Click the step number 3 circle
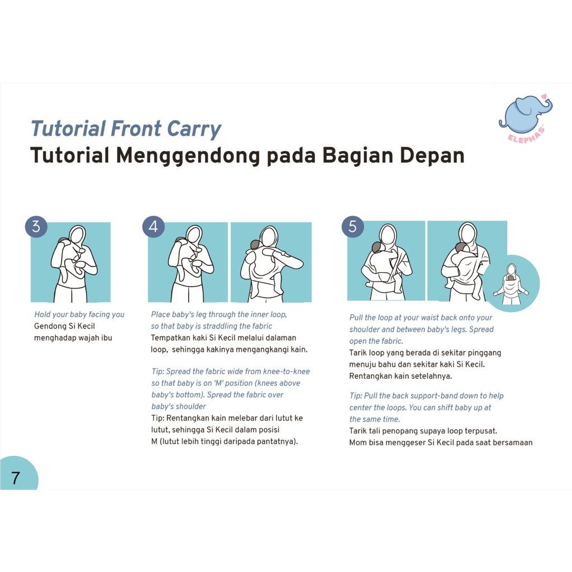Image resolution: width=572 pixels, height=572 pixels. click(x=36, y=226)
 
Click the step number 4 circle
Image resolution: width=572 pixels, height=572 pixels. click(x=153, y=226)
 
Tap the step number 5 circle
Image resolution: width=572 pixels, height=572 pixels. click(x=352, y=226)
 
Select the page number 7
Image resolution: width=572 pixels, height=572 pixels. click(x=15, y=478)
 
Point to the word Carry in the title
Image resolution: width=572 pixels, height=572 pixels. click(x=194, y=129)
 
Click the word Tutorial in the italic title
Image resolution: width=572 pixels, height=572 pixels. click(x=68, y=128)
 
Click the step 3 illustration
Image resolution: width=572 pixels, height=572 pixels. click(x=71, y=262)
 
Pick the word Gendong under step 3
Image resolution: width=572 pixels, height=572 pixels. click(x=50, y=326)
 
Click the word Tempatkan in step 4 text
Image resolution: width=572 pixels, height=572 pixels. click(x=170, y=338)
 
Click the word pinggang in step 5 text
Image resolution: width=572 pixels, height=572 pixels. click(x=484, y=353)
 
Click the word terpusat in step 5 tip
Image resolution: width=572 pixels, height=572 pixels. click(x=482, y=431)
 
